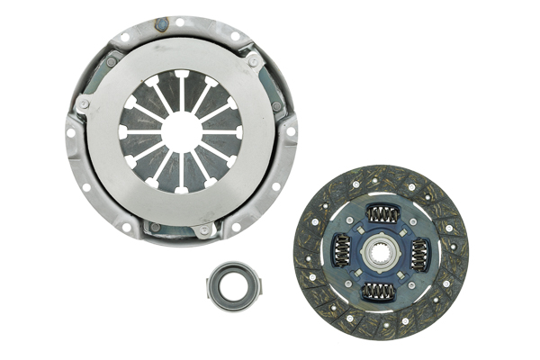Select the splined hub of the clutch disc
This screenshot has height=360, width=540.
point(381,252)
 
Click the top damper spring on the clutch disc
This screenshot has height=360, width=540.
point(382,214)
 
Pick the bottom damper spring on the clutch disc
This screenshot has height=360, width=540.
point(379,291)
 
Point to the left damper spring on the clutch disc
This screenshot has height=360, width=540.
point(343,250)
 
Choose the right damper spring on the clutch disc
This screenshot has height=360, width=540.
point(419,255)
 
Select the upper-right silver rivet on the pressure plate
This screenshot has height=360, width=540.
point(254,59)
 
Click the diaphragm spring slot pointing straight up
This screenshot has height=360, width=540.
point(180,85)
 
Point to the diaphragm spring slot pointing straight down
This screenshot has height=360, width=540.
point(181,178)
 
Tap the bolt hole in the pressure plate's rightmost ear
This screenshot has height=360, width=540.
point(289,132)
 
